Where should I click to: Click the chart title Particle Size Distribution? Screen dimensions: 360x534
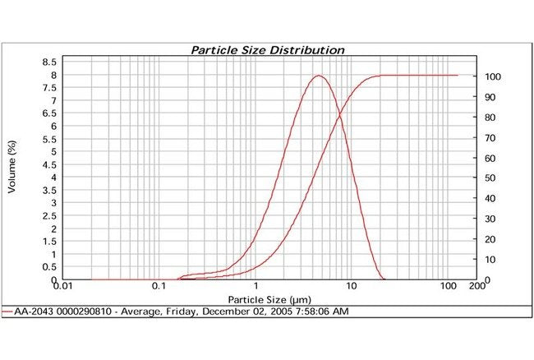[x=268, y=49]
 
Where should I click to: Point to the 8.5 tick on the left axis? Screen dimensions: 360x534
[x=49, y=62]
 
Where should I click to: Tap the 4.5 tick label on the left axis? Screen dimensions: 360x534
[x=49, y=164]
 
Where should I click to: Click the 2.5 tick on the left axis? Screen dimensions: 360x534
[x=49, y=216]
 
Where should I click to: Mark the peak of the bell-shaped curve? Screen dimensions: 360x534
[x=319, y=76]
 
